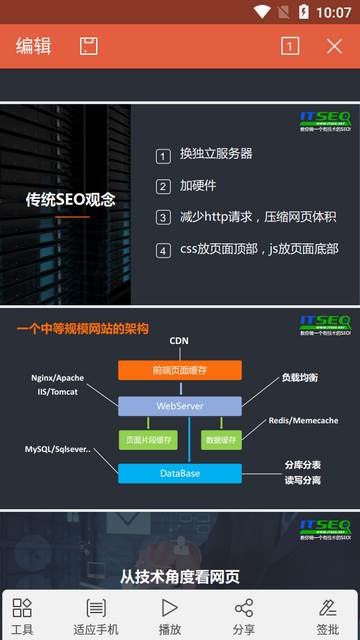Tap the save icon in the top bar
(89, 46)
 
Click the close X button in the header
(335, 46)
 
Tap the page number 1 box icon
(290, 46)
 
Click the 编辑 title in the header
(33, 46)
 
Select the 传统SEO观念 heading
(70, 199)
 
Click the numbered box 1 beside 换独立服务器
(164, 155)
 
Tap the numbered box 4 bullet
(164, 250)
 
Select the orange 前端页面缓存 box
(180, 370)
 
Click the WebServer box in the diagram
(180, 406)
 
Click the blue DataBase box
(180, 473)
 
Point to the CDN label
(179, 341)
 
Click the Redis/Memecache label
(303, 420)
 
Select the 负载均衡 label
(299, 378)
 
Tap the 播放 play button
(170, 616)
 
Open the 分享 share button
(244, 616)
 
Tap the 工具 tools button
(22, 616)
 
